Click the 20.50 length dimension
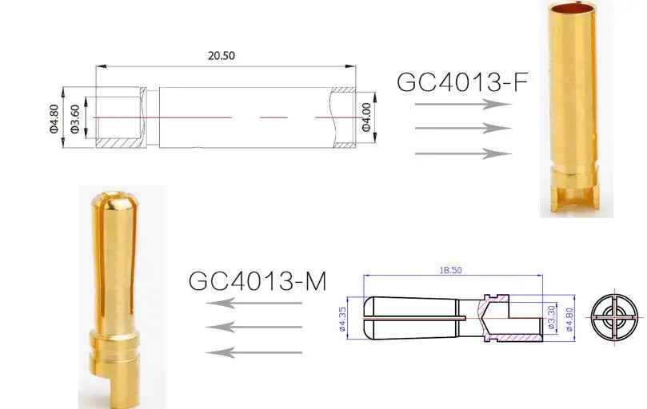pyautogui.click(x=222, y=56)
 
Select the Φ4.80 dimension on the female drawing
pyautogui.click(x=54, y=119)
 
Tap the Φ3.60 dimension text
pyautogui.click(x=74, y=119)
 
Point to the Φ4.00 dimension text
pyautogui.click(x=366, y=117)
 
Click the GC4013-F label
pyautogui.click(x=462, y=82)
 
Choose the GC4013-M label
pyautogui.click(x=258, y=281)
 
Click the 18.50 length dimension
pyautogui.click(x=450, y=271)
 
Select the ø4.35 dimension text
pyautogui.click(x=342, y=319)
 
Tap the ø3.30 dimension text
pyautogui.click(x=552, y=317)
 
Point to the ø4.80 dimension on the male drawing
pyautogui.click(x=570, y=320)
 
